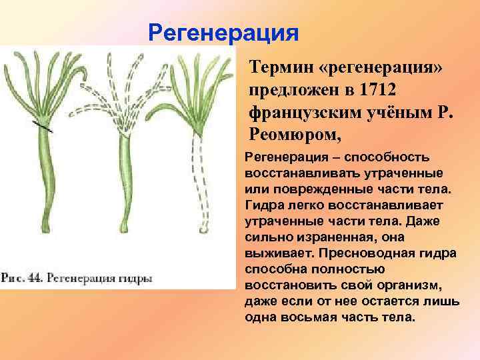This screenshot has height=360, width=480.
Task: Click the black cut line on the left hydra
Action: (43, 126)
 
